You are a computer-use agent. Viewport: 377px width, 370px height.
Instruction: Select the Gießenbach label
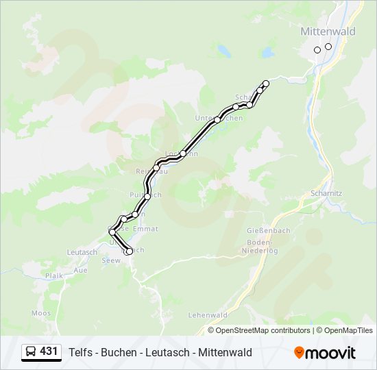(x=265, y=231)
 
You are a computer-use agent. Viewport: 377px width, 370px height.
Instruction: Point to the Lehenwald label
(x=207, y=314)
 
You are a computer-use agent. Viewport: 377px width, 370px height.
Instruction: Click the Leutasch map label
(x=82, y=252)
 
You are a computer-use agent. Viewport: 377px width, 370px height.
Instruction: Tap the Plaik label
(x=53, y=275)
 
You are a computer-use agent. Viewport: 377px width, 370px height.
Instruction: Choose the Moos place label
(x=41, y=313)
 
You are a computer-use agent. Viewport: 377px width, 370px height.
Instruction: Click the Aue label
(x=80, y=270)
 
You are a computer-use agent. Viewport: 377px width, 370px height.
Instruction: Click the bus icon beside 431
(x=31, y=352)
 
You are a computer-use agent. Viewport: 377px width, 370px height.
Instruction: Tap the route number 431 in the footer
(x=49, y=351)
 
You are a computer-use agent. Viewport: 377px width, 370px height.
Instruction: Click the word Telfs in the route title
(x=82, y=352)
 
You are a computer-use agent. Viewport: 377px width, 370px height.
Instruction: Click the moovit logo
(x=325, y=352)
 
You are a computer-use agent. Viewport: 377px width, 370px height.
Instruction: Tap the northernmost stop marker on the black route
(x=266, y=84)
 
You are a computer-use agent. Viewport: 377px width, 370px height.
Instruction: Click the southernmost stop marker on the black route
(x=129, y=251)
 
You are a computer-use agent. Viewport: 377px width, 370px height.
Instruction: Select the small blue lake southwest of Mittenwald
(x=223, y=50)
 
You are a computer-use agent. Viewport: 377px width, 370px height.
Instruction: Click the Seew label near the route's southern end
(x=110, y=260)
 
